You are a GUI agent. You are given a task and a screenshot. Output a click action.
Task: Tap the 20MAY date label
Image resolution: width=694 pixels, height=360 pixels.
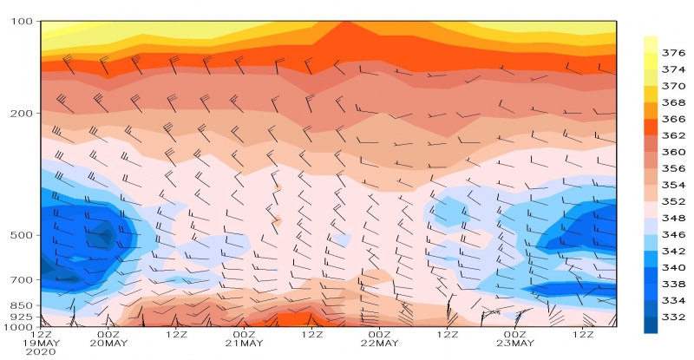coord(109,344)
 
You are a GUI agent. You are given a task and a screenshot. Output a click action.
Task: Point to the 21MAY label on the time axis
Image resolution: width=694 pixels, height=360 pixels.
coord(245,344)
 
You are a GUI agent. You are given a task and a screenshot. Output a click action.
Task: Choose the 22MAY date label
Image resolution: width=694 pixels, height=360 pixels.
coord(380,344)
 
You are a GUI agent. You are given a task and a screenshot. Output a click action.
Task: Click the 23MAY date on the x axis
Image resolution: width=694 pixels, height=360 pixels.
coord(515,344)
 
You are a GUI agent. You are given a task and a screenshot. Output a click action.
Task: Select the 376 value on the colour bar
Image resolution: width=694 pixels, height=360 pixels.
coord(673,53)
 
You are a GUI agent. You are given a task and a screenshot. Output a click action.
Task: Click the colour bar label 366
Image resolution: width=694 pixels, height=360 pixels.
coord(673,119)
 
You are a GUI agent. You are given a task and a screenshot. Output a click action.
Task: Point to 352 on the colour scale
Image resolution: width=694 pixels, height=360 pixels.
coord(673,201)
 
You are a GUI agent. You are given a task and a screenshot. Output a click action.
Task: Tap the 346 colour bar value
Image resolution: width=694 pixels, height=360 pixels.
coord(673,234)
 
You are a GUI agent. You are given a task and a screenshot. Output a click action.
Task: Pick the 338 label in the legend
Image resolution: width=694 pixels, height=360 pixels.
coord(673,284)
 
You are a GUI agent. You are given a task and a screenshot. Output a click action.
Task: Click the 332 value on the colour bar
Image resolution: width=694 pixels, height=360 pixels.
coord(673,317)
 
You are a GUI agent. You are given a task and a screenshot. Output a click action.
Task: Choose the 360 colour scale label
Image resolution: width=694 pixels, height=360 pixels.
coord(673,152)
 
